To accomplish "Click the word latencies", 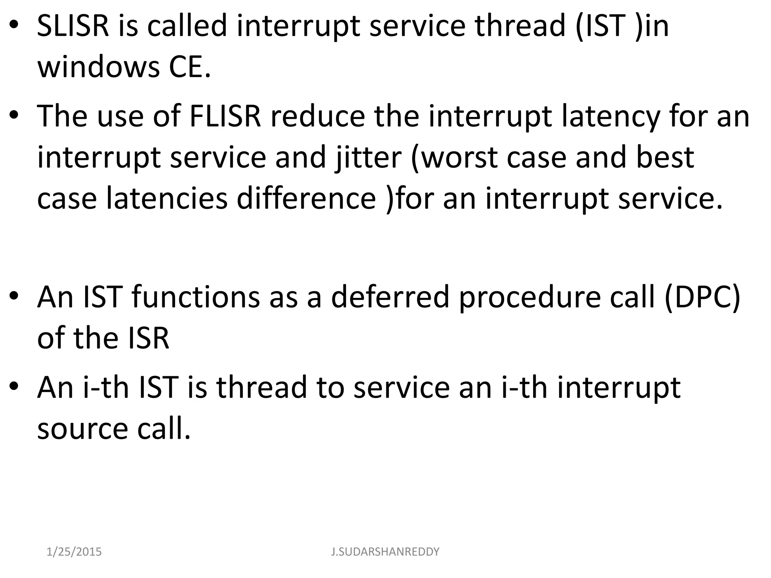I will (x=166, y=198).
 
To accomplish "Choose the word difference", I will (x=306, y=198).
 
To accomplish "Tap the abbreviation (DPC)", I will (x=702, y=297).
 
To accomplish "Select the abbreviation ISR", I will (x=149, y=338).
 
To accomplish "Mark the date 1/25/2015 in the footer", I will (x=74, y=552).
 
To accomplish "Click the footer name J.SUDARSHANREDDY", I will (x=385, y=552).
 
